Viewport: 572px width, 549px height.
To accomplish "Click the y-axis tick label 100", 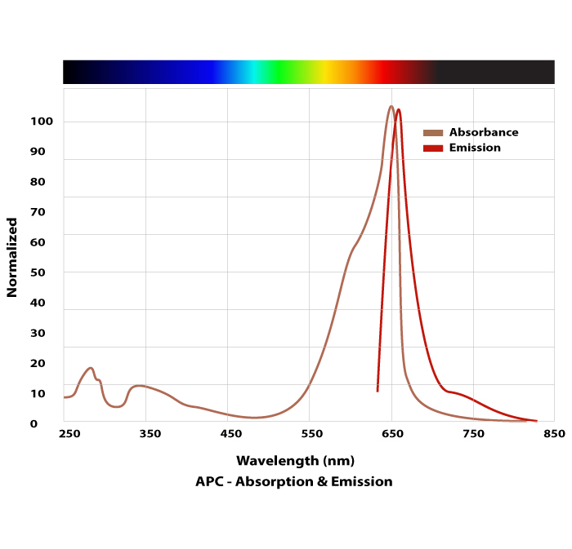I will click(x=42, y=122).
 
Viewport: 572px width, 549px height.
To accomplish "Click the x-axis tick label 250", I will click(x=69, y=433).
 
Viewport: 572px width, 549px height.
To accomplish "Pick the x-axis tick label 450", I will click(x=231, y=433).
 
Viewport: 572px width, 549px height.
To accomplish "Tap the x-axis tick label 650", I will click(x=394, y=433).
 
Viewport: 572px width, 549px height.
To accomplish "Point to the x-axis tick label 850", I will click(x=554, y=433).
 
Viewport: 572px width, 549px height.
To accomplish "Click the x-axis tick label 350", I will click(x=150, y=433).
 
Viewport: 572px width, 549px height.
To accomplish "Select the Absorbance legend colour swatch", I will click(x=433, y=133).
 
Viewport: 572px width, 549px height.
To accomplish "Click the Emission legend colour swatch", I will click(x=433, y=148).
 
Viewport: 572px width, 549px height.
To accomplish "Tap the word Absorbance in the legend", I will click(x=484, y=133).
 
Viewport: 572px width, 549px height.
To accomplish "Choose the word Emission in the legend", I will click(x=475, y=148).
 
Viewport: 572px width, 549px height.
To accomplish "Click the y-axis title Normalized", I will click(x=12, y=257).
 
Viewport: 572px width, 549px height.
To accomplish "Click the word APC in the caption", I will click(x=208, y=481).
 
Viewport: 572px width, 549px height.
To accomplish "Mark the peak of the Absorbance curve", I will click(x=391, y=106).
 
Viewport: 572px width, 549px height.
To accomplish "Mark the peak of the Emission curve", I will click(x=398, y=109).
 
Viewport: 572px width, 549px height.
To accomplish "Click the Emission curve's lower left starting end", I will click(x=378, y=391).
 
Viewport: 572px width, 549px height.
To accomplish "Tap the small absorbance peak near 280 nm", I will click(x=91, y=368).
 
